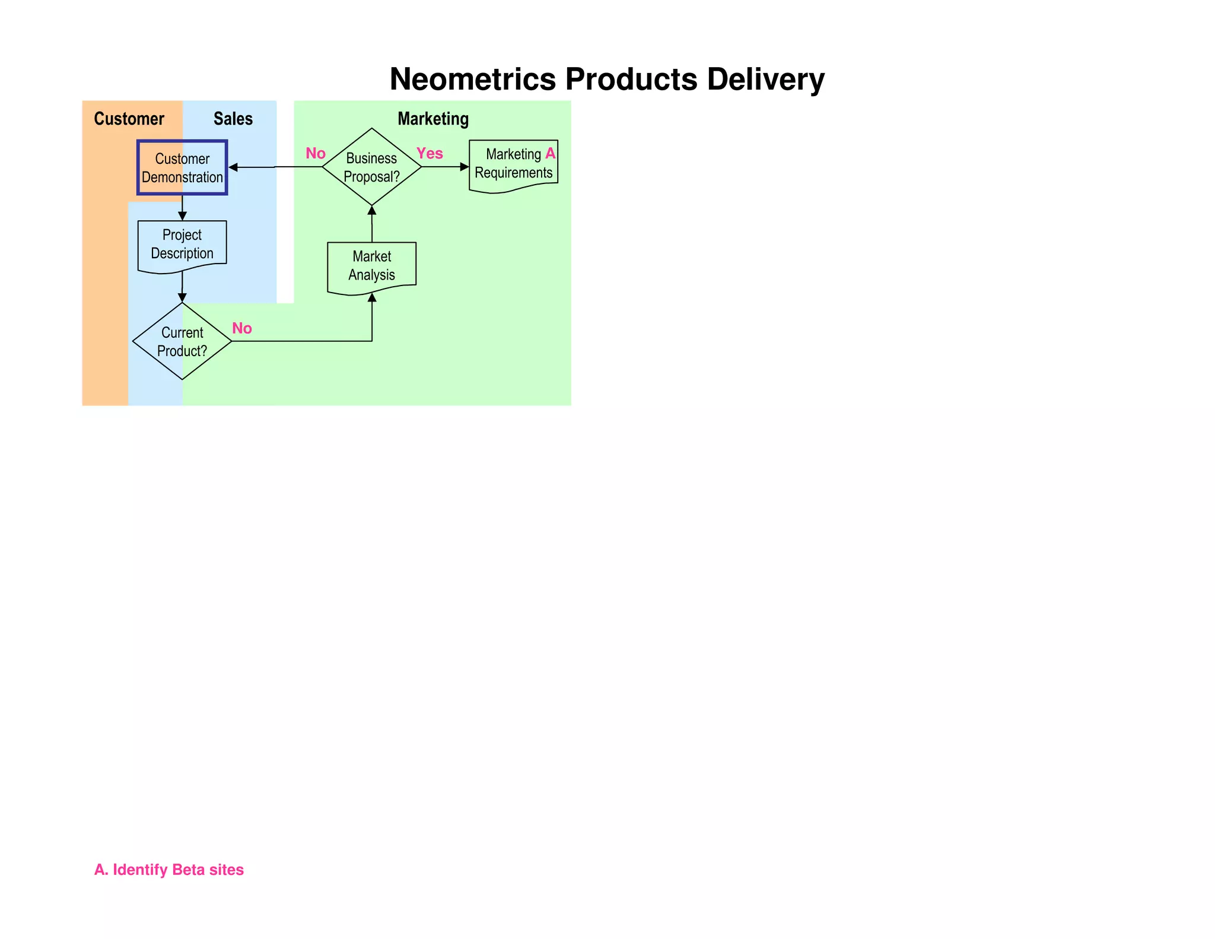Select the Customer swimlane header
(129, 119)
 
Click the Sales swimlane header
(233, 119)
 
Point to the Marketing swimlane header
(433, 119)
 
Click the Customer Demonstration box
(182, 168)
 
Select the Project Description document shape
(182, 245)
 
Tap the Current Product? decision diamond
(182, 341)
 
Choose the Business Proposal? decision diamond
(371, 167)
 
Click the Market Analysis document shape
(372, 266)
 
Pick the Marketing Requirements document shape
(513, 164)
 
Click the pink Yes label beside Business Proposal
(430, 154)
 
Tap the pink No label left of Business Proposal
(316, 154)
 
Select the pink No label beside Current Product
(242, 328)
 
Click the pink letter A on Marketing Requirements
(551, 153)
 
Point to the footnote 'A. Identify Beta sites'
(169, 870)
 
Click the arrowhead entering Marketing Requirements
(465, 167)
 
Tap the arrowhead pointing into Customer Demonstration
(233, 167)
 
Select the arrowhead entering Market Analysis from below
(372, 297)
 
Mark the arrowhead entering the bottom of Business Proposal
(372, 210)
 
